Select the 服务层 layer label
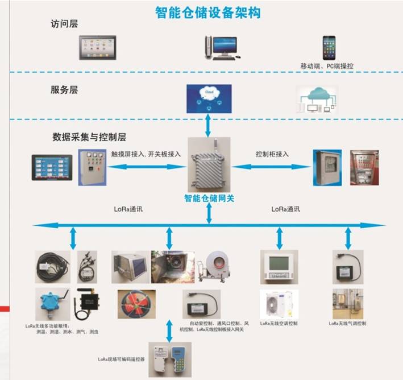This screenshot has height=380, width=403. [x=64, y=89]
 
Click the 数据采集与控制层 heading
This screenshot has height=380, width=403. [x=89, y=137]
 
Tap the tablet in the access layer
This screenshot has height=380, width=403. [x=97, y=48]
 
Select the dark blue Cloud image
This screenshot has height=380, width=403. [x=209, y=98]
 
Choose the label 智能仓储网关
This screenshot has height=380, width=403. [x=209, y=199]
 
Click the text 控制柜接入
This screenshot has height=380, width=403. [x=272, y=154]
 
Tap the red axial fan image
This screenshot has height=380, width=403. [x=136, y=304]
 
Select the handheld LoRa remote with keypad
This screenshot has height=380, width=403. [x=183, y=358]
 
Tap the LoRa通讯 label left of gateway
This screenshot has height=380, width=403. [x=128, y=209]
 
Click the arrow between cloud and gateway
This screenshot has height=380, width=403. [x=208, y=125]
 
